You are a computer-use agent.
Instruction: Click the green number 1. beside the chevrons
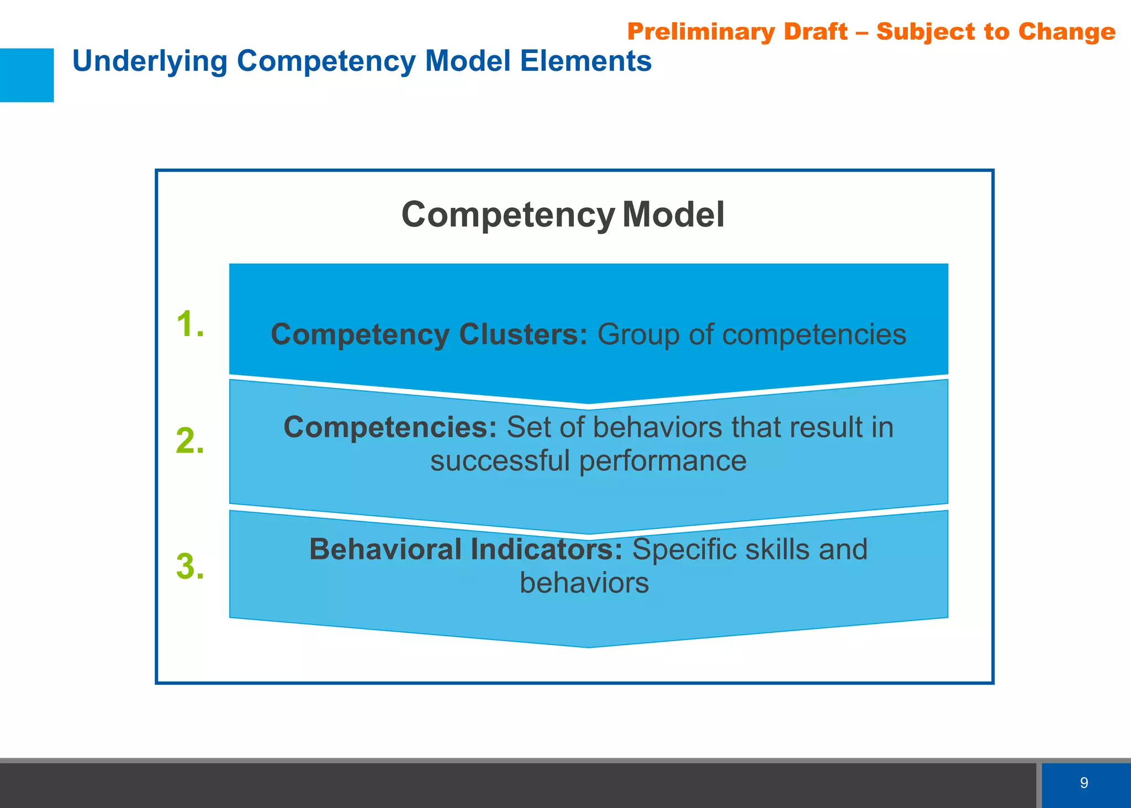coord(190,324)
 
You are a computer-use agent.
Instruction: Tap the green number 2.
coord(190,442)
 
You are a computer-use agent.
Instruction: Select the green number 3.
coord(190,567)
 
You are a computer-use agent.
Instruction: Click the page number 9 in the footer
coord(1084,783)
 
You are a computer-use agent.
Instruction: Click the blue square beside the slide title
coord(27,75)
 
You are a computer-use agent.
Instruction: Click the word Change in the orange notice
coord(1066,32)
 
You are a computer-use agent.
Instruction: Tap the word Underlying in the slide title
coord(150,61)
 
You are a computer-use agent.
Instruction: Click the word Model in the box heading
coord(673,214)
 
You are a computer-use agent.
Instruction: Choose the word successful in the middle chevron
coord(500,460)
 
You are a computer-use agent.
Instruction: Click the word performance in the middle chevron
coord(663,460)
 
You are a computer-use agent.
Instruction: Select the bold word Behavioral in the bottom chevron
coord(385,549)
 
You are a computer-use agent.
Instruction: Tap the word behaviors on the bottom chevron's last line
coord(584,583)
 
